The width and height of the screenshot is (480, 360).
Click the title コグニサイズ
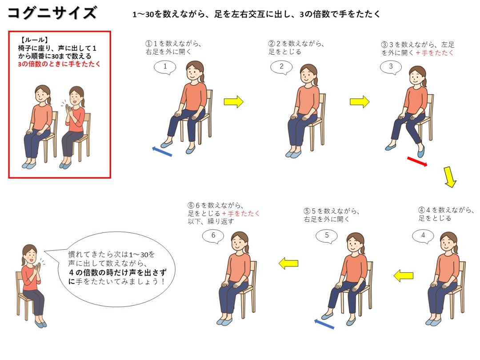point(52,13)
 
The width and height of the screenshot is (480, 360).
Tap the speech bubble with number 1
point(165,67)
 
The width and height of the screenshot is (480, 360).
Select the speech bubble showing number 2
point(281,67)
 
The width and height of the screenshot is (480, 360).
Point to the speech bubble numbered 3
point(391,67)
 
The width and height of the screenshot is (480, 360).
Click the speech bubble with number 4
point(423,236)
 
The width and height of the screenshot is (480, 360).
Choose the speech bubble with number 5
point(327,236)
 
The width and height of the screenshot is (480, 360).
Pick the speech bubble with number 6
point(213,236)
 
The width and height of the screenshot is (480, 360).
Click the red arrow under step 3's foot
point(417,162)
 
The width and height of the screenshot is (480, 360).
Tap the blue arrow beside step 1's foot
point(162,151)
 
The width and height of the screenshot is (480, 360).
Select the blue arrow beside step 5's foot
point(324,324)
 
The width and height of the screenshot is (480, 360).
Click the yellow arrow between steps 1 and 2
point(233,102)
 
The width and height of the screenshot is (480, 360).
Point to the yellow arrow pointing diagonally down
point(450,177)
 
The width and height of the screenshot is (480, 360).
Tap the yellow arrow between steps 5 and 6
point(288,263)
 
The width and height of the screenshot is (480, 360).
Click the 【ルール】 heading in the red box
point(34,40)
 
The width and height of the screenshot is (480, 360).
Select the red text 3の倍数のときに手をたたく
point(59,64)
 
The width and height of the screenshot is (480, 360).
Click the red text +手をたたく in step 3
point(435,52)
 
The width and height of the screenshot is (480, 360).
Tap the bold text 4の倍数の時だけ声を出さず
point(118,272)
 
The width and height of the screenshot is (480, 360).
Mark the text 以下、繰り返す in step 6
point(211,221)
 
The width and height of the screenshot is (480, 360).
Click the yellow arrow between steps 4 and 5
point(404,276)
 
